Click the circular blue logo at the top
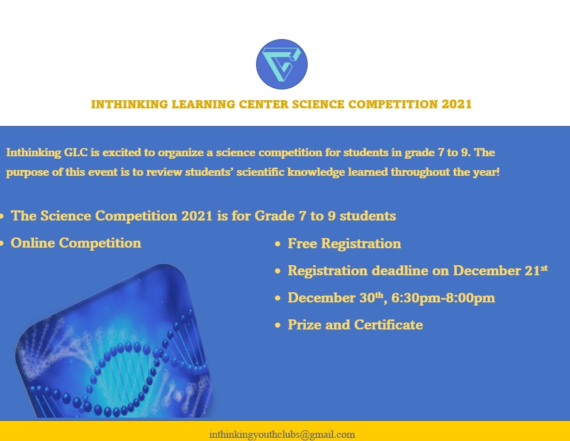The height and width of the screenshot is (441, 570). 282,64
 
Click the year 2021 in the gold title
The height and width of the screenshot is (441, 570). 457,105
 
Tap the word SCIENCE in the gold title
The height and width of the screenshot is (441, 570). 318,105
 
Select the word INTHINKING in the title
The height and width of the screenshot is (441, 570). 130,105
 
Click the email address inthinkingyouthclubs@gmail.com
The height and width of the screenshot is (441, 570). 282,435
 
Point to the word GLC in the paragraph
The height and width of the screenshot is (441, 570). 76,152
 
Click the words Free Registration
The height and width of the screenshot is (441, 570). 344,243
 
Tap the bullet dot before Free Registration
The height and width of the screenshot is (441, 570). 277,244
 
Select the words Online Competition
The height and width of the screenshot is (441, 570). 75,243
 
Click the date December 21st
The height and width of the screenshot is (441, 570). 500,270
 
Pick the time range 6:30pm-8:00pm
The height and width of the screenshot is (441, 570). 443,298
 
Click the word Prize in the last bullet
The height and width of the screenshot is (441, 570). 305,325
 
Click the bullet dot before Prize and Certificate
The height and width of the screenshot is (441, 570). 277,325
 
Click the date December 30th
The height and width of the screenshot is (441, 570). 335,298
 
